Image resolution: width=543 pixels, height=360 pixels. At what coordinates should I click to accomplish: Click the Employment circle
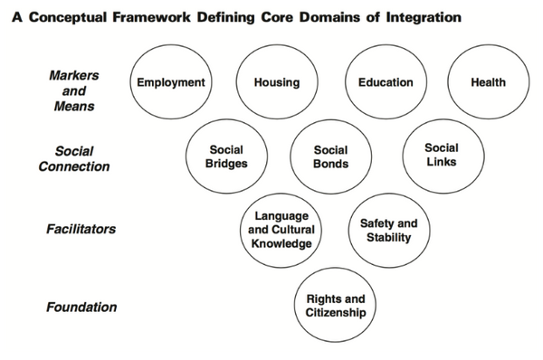click(170, 83)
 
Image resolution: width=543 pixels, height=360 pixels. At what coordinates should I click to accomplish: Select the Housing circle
click(277, 83)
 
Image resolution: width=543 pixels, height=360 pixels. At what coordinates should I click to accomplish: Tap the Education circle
click(386, 83)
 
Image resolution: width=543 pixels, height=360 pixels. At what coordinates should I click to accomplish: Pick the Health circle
click(488, 83)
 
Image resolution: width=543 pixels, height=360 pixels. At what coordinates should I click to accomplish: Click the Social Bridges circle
click(227, 156)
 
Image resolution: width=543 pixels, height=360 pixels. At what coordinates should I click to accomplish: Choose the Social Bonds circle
click(330, 156)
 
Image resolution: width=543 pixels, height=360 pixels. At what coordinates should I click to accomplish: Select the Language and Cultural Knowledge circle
click(282, 230)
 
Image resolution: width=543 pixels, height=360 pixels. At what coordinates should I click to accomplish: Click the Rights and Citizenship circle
click(335, 306)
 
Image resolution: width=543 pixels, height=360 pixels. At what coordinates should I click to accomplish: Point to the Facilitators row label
click(81, 229)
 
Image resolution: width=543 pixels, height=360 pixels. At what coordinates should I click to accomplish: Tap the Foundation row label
click(81, 307)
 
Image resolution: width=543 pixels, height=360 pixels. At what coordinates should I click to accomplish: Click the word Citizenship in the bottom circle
click(335, 313)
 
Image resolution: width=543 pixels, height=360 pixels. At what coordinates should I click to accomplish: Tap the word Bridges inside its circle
click(227, 164)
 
